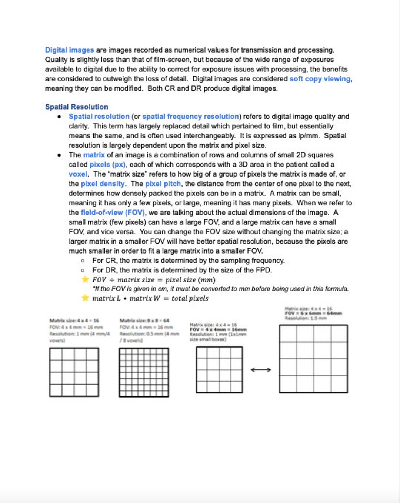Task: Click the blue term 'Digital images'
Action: coord(69,50)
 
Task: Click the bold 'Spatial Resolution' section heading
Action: coord(77,107)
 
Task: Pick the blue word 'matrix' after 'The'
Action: coord(94,155)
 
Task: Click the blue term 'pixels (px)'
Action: coord(107,165)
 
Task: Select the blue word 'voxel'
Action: coord(78,174)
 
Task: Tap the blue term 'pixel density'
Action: coord(103,184)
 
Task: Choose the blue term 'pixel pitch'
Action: coord(163,184)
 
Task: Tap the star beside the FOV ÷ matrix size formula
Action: coord(85,279)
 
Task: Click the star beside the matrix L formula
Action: coord(85,298)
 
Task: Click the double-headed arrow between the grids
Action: coord(261,370)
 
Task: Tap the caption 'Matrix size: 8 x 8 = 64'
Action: coord(144,321)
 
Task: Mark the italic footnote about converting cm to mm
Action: coord(220,289)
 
